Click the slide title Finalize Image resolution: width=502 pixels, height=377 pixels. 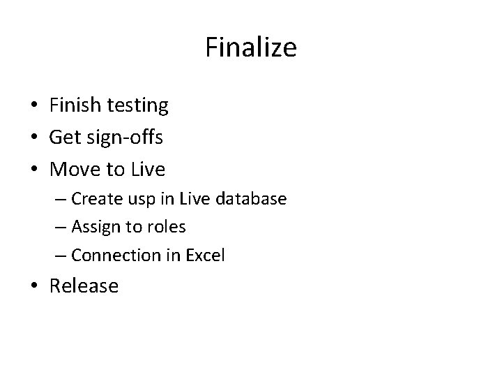pyautogui.click(x=251, y=47)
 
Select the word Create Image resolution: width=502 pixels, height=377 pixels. pyautogui.click(x=98, y=199)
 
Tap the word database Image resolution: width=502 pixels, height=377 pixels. pyautogui.click(x=252, y=199)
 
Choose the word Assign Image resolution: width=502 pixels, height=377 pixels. pyautogui.click(x=97, y=228)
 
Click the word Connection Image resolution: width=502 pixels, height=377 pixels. pyautogui.click(x=116, y=256)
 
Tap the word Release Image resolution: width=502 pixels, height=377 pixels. pyautogui.click(x=84, y=286)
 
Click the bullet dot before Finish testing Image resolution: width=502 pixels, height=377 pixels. pyautogui.click(x=33, y=106)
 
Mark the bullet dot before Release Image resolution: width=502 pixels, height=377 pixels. pyautogui.click(x=33, y=286)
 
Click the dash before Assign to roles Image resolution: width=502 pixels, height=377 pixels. pyautogui.click(x=59, y=228)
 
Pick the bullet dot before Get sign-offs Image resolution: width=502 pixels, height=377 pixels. pyautogui.click(x=33, y=138)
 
